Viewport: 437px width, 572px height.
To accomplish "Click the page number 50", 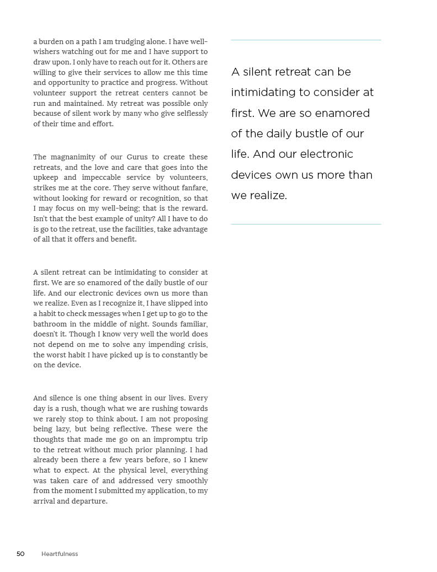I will tap(20, 554).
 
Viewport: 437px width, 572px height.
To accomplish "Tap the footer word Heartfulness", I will tap(60, 554).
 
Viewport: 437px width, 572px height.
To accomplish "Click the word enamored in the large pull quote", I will tap(343, 113).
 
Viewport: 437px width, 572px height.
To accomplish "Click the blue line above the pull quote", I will tap(306, 40).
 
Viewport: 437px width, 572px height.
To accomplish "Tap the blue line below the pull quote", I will tap(306, 224).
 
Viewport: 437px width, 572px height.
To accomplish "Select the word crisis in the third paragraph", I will tap(196, 345).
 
